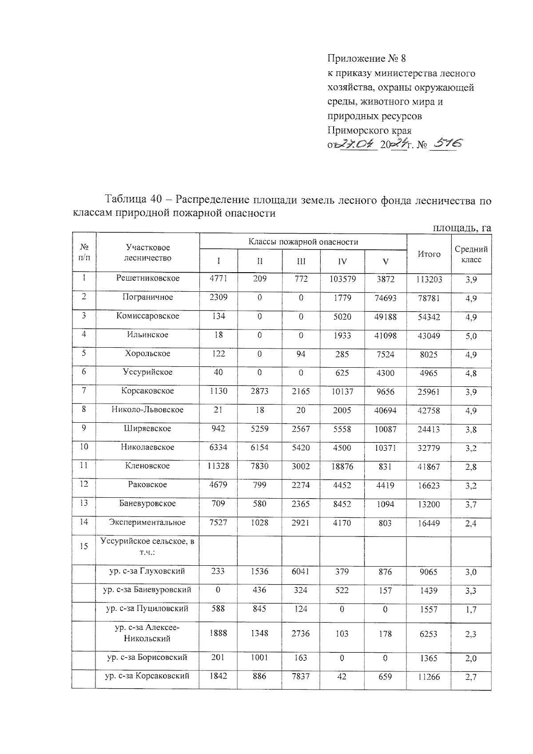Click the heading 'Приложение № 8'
click(366, 58)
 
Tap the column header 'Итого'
click(429, 254)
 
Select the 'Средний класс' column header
click(471, 254)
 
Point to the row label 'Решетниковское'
click(147, 278)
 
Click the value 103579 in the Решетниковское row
click(342, 279)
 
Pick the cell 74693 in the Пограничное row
click(385, 298)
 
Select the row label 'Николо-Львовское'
click(147, 409)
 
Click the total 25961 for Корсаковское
click(429, 392)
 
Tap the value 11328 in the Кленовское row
click(218, 466)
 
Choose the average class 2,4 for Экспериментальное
click(471, 524)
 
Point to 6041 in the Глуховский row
click(301, 572)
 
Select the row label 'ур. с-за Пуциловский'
click(147, 608)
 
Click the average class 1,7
click(471, 610)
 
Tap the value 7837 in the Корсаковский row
click(301, 676)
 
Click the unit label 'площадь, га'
click(462, 228)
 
